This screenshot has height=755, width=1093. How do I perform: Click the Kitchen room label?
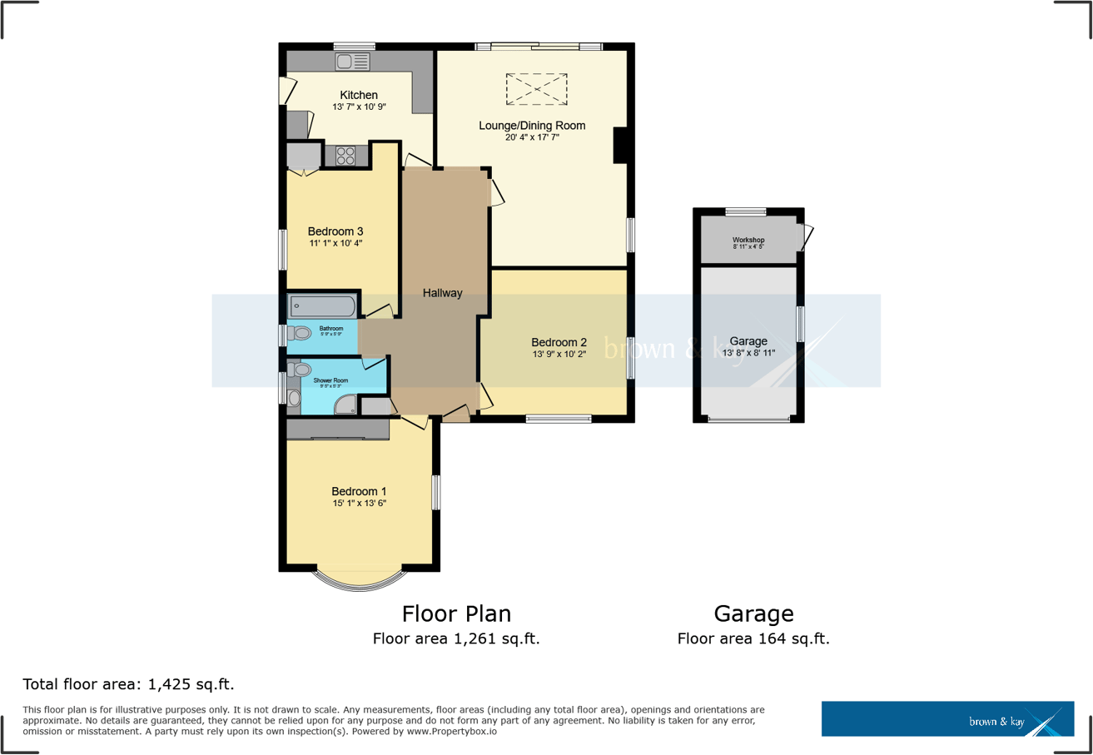358,95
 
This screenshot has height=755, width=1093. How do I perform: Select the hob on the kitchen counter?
345,155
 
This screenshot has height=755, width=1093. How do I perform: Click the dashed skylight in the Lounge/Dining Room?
536,88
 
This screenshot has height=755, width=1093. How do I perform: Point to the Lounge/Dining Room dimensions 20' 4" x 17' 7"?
531,138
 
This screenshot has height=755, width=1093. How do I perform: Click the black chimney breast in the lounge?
620,146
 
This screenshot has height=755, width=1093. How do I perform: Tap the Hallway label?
442,293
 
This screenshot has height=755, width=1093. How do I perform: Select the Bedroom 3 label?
335,231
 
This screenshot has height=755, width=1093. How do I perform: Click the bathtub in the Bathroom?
323,306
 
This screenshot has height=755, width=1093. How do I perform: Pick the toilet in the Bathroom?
300,334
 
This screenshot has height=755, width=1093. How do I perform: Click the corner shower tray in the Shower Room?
348,405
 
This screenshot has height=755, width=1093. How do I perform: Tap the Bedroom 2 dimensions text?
559,355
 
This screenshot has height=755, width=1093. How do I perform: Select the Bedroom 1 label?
358,491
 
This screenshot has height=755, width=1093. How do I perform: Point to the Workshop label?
748,240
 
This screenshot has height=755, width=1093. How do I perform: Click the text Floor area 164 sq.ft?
753,639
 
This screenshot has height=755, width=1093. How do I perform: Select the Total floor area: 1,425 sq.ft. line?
128,685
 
